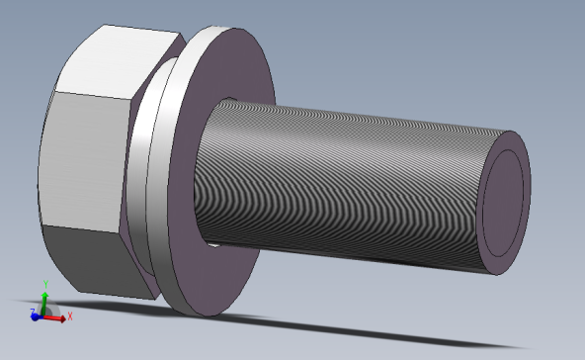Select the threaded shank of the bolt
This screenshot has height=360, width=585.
(x=346, y=178)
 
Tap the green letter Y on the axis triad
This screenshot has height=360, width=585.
(x=44, y=283)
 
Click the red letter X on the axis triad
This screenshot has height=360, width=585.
(x=70, y=316)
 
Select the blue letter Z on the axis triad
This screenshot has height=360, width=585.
(x=33, y=313)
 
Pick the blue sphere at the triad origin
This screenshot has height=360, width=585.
(x=42, y=315)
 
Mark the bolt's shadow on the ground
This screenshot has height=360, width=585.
(x=395, y=331)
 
